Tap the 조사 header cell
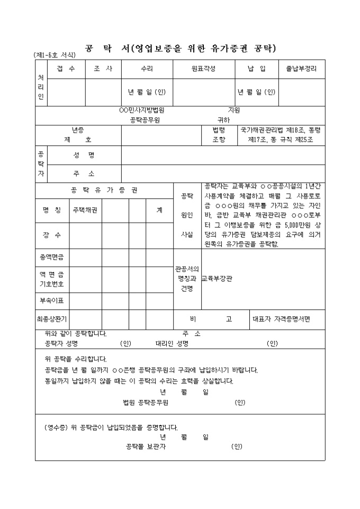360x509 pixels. (103, 69)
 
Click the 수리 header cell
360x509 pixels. (147, 69)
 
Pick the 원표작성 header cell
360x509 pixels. (203, 69)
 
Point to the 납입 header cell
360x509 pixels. (256, 69)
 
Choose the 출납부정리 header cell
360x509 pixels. (301, 69)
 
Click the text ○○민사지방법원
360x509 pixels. (142, 111)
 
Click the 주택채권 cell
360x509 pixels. (85, 210)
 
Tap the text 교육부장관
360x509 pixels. (217, 278)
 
